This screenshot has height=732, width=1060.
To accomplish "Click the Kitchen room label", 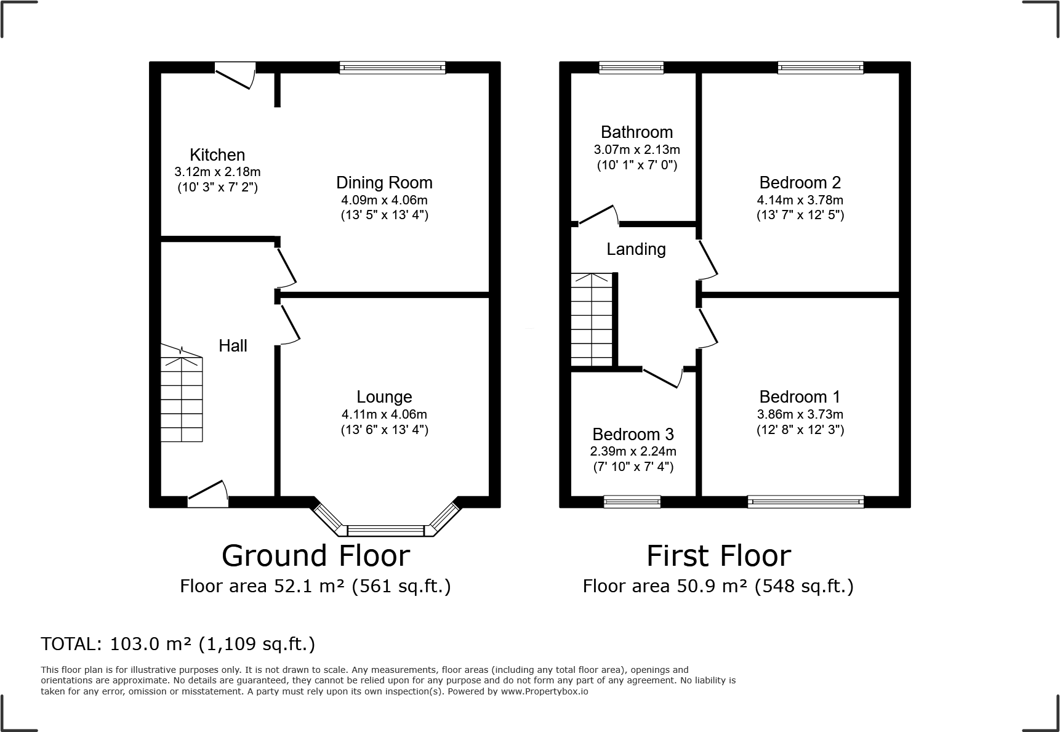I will click(217, 155).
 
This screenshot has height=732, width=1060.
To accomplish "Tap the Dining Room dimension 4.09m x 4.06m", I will click(384, 200).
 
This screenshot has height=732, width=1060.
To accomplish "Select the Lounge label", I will click(384, 397).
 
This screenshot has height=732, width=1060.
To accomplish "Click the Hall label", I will click(233, 346).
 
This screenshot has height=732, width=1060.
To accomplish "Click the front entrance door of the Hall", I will click(208, 495).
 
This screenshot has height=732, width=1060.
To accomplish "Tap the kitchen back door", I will click(235, 74).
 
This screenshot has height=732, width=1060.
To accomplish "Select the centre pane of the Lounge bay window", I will click(385, 530).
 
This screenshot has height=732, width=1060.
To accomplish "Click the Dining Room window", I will click(392, 68).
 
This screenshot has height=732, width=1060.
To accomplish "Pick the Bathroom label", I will click(636, 132).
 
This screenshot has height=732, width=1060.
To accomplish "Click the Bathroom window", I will click(631, 68).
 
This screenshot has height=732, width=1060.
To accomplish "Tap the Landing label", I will click(636, 249).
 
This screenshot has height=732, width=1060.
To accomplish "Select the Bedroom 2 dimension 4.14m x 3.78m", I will click(800, 200).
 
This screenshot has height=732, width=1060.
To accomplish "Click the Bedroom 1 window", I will click(805, 502).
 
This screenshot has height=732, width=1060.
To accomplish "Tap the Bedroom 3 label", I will click(633, 435).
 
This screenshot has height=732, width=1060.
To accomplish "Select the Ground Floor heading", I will click(315, 556).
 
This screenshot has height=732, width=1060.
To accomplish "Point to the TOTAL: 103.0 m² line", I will click(178, 644).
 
